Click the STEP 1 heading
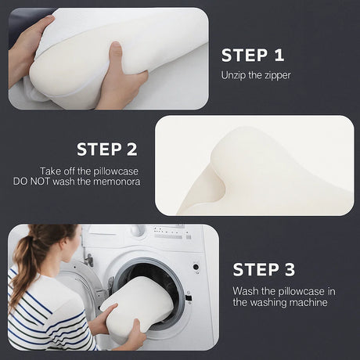click(253, 55)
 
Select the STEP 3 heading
click(264, 270)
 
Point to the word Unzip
click(234, 76)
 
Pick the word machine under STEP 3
click(301, 302)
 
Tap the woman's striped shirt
click(47, 321)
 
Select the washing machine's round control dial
click(138, 232)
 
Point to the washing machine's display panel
click(168, 232)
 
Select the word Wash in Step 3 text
click(245, 290)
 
